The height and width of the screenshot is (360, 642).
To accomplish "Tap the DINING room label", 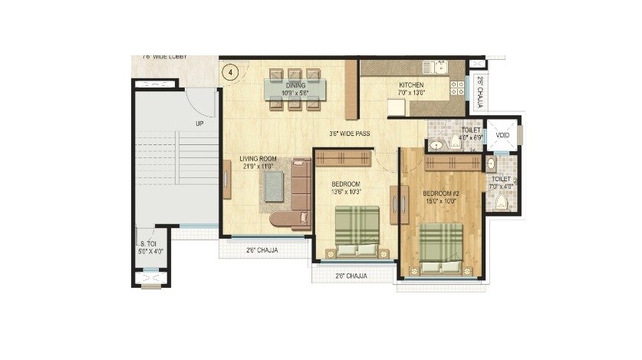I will [x=295, y=85].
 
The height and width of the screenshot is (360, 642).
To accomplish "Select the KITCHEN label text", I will [x=412, y=84].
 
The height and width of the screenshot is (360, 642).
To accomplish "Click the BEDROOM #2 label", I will [x=442, y=193].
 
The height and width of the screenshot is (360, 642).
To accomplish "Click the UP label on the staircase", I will [x=199, y=123].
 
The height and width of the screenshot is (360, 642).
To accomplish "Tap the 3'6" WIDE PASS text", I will [x=349, y=134].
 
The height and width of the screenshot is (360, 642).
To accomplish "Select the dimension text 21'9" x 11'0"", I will [x=257, y=166].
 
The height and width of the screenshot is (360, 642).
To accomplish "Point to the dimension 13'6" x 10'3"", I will [x=345, y=192].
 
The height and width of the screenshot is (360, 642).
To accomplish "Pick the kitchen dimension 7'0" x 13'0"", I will [x=412, y=93].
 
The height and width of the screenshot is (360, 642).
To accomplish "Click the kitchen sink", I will [x=441, y=68].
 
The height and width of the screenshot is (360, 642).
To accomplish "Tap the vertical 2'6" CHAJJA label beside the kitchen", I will [x=479, y=91].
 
